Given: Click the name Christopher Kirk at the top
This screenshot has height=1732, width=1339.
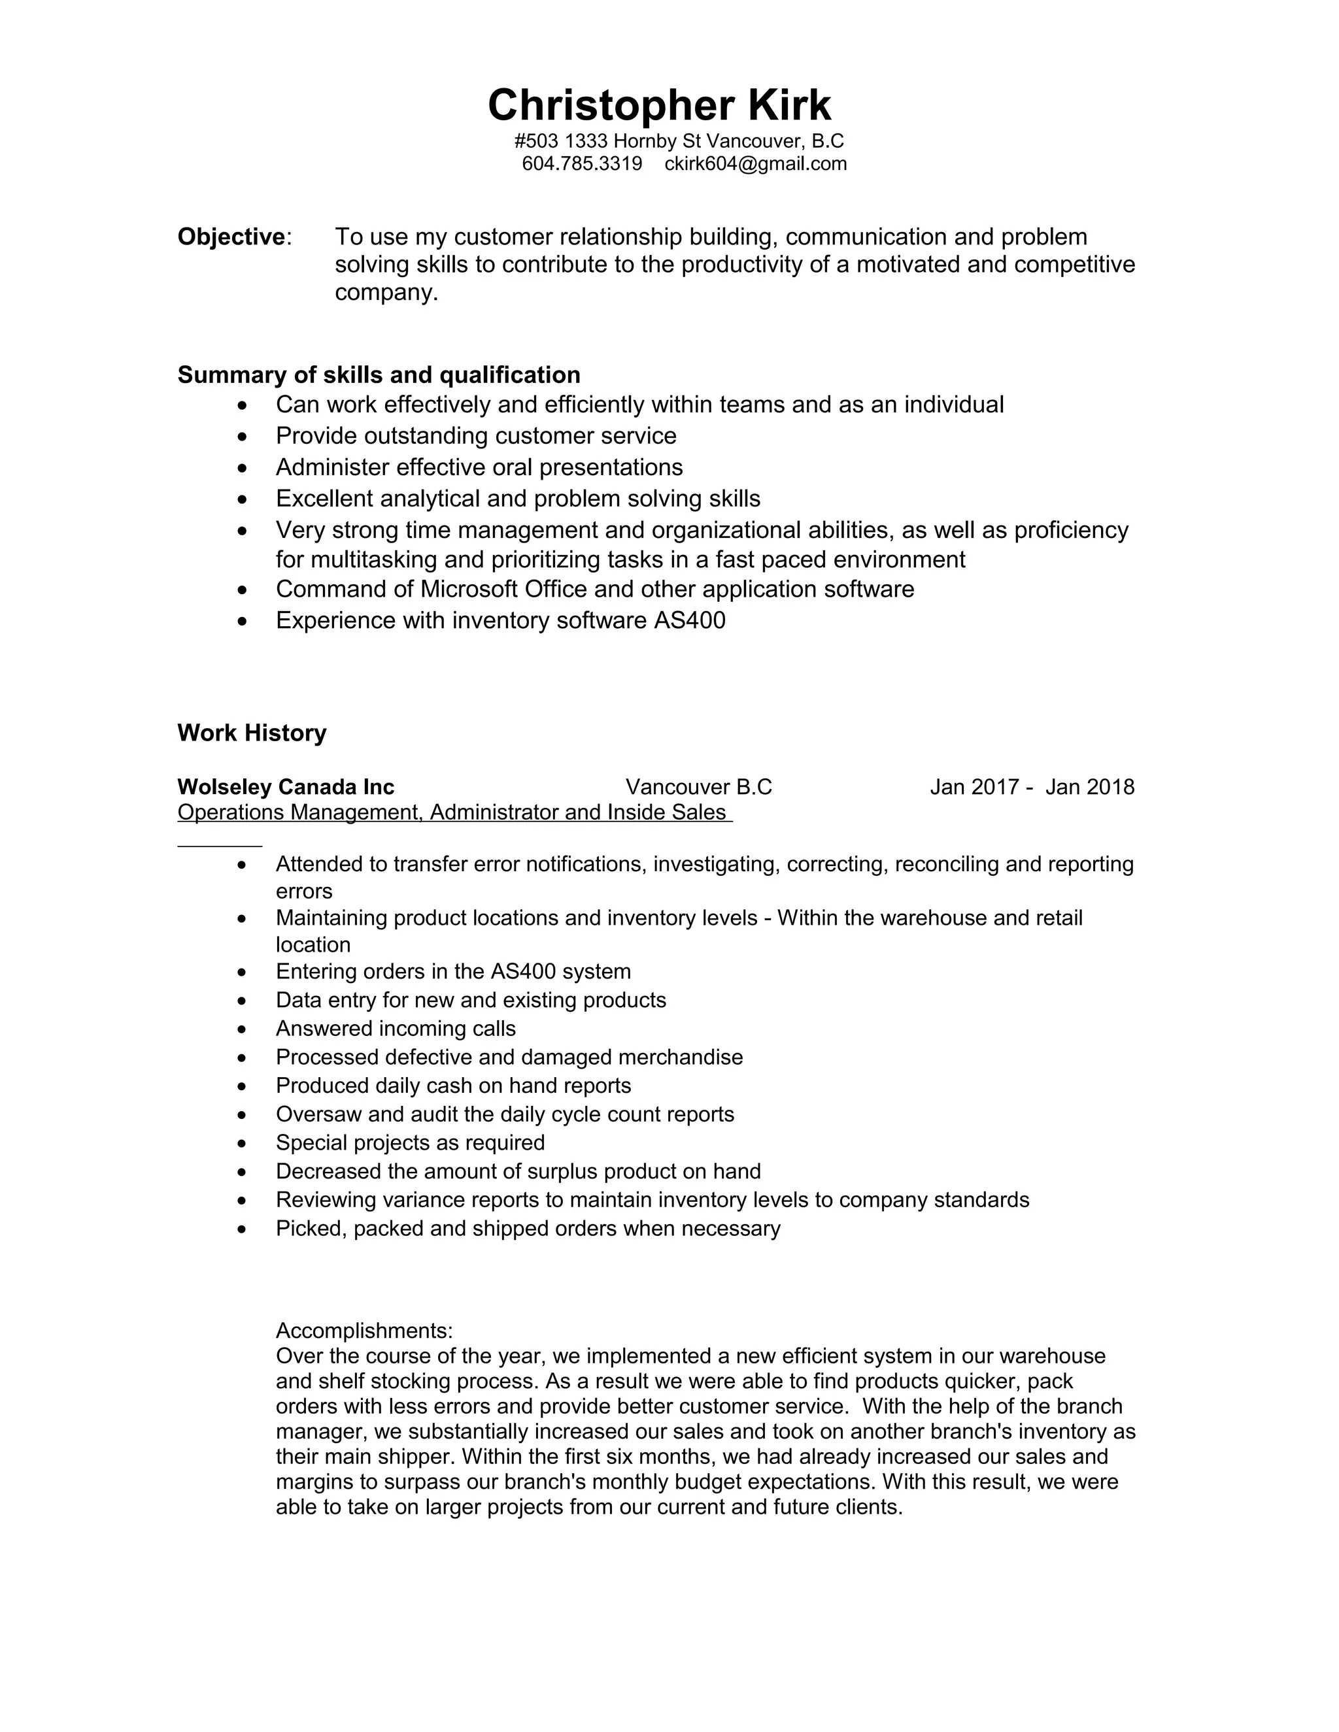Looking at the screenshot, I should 659,105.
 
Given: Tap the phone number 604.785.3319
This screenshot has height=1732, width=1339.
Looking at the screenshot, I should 581,164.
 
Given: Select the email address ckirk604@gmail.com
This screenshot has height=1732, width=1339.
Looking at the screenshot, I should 755,164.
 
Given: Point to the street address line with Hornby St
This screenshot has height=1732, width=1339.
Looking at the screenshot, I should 679,141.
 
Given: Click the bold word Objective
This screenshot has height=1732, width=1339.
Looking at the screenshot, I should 231,237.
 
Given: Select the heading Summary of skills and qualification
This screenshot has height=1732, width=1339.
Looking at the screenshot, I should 379,375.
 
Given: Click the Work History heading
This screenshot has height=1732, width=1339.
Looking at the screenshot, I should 252,732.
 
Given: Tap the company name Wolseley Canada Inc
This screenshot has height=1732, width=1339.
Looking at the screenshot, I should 286,787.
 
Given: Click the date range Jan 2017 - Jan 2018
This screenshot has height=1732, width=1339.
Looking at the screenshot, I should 1031,787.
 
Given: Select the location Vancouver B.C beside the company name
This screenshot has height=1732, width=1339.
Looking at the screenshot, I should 698,787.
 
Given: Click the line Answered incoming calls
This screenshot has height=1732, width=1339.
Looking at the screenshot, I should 395,1029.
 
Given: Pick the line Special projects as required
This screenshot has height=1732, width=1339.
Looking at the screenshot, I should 410,1142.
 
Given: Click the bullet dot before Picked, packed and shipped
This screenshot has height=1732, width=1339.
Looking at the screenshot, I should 243,1230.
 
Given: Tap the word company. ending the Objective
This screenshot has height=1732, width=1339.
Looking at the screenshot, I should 386,293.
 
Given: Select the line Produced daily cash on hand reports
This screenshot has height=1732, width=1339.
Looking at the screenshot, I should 453,1086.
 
